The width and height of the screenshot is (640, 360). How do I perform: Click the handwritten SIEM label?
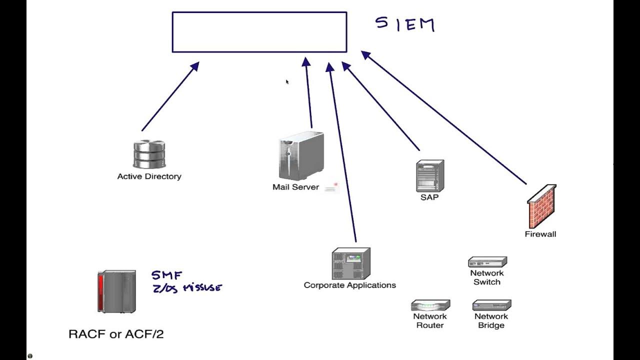[x=405, y=24]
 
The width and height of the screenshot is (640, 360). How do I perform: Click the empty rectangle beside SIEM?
[x=259, y=32]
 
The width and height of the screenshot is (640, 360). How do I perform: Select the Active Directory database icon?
[x=149, y=154]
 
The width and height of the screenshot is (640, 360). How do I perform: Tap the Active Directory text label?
[x=149, y=176]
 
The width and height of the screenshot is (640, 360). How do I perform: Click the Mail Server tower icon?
[x=300, y=156]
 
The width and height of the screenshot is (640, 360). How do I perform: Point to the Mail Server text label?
[x=295, y=187]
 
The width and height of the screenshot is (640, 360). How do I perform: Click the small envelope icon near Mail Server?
[x=331, y=188]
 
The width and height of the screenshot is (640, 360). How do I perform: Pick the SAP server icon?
[x=430, y=176]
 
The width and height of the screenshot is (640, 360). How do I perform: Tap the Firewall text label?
[x=540, y=234]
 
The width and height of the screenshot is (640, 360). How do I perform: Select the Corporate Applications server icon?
[x=351, y=264]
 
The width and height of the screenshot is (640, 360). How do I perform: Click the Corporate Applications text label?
[x=350, y=285]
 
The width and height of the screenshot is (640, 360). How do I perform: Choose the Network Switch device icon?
[x=487, y=262]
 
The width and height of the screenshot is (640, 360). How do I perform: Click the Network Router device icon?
[x=430, y=305]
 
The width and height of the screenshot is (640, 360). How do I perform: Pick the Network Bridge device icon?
[x=491, y=305]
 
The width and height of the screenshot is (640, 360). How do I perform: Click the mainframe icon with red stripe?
[x=116, y=291]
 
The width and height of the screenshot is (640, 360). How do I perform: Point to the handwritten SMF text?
[x=167, y=275]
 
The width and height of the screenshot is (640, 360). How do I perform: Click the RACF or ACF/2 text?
[x=116, y=334]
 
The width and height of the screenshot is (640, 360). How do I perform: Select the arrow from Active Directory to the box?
[x=170, y=96]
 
